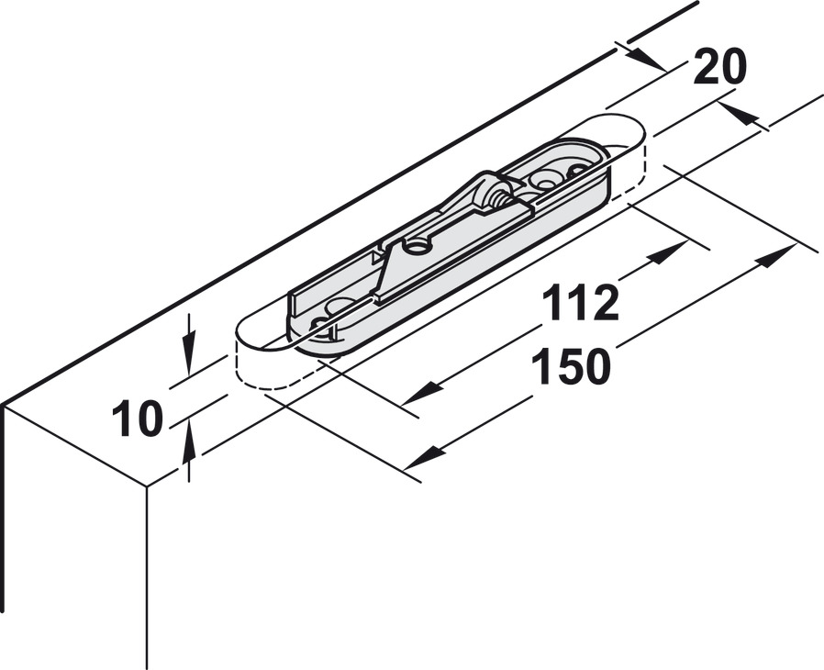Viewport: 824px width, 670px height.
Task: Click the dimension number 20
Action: (720, 67)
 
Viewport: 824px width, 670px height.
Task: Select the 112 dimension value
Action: (579, 303)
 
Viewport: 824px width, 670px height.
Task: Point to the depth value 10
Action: (137, 419)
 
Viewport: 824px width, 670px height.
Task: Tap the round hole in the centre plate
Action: (417, 246)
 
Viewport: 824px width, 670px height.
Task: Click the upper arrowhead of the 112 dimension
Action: (668, 253)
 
